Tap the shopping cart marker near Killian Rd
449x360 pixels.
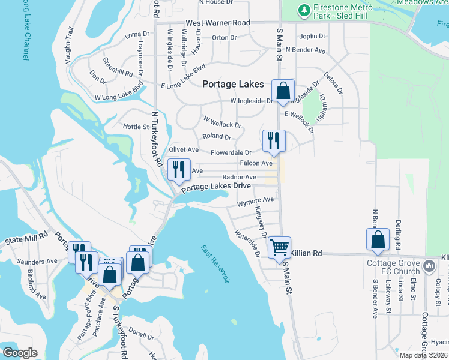point(280,247)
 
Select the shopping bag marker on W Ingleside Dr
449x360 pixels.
point(283,92)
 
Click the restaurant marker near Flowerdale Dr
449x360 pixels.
point(273,141)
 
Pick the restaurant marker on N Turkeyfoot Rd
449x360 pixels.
point(178,170)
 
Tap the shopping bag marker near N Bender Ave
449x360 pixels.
point(378,239)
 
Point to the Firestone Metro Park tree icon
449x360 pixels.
point(305,10)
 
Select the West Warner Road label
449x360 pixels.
point(217,23)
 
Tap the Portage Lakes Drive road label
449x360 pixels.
point(216,187)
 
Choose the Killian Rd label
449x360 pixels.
point(307,254)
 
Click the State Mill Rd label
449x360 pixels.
point(26,239)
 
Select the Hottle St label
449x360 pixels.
point(135,127)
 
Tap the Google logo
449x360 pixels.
point(20,352)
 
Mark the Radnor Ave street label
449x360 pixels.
point(239,178)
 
